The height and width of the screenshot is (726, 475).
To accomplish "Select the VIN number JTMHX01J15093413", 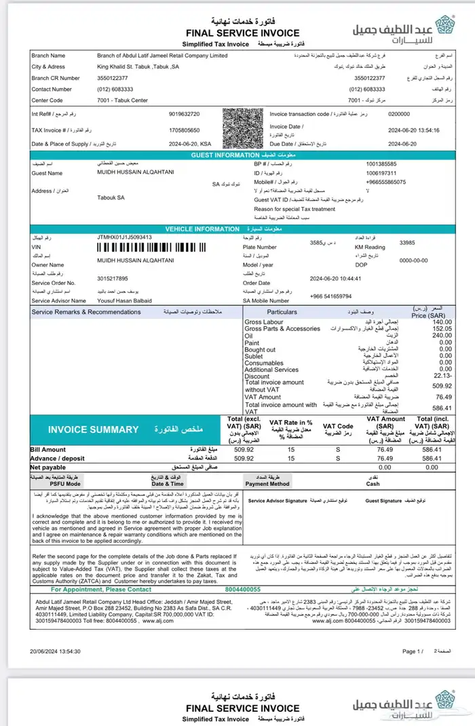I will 125,237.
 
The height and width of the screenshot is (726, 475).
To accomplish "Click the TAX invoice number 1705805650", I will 184,129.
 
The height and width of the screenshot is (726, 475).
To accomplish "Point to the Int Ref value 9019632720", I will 184,114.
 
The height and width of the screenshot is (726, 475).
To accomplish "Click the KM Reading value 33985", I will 407,242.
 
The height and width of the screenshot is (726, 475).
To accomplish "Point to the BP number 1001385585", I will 381,164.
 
